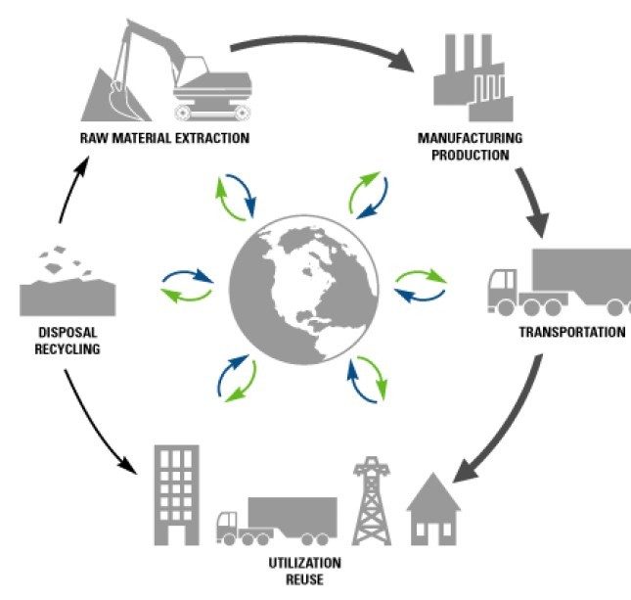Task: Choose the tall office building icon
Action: point(177,493)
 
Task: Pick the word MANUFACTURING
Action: point(470,137)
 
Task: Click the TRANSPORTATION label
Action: point(571,332)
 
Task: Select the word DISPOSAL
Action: point(67,330)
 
